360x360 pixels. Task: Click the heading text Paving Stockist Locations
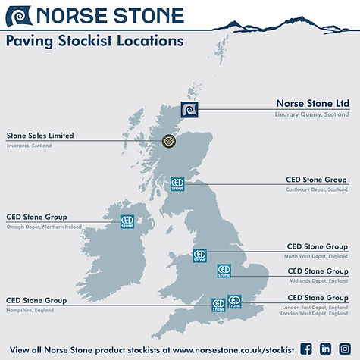(95, 42)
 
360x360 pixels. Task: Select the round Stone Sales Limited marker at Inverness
(171, 141)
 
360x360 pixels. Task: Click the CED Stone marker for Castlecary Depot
(177, 184)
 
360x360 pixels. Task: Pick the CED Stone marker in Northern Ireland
(127, 222)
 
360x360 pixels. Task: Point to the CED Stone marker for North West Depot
(199, 256)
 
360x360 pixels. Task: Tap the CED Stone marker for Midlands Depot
(224, 271)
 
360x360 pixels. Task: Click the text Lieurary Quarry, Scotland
(311, 114)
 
